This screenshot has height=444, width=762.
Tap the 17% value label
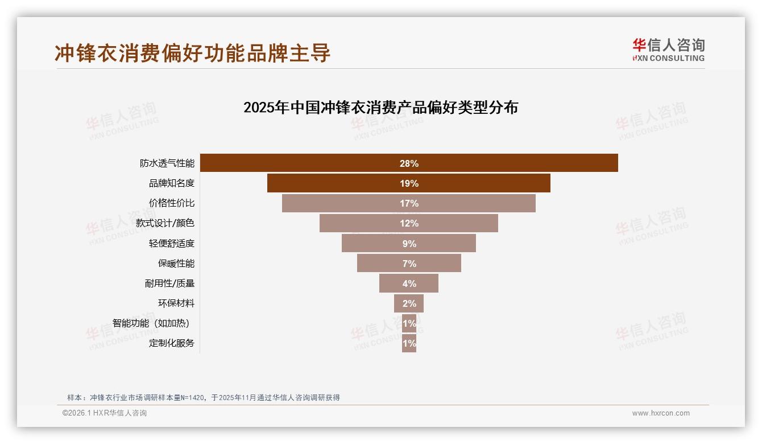(409, 203)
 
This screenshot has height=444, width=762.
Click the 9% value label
(409, 244)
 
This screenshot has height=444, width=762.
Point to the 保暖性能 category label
(176, 264)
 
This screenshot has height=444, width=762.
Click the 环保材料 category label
(176, 303)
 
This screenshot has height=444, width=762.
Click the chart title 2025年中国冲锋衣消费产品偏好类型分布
(380, 108)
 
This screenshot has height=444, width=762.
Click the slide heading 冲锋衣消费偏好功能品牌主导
(192, 53)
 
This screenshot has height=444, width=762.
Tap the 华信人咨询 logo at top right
(668, 50)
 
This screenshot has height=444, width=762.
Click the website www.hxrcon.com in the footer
(661, 413)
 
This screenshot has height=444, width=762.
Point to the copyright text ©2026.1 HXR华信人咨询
(105, 413)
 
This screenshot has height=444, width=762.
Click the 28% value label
(409, 163)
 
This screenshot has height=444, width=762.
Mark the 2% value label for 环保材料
(409, 303)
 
